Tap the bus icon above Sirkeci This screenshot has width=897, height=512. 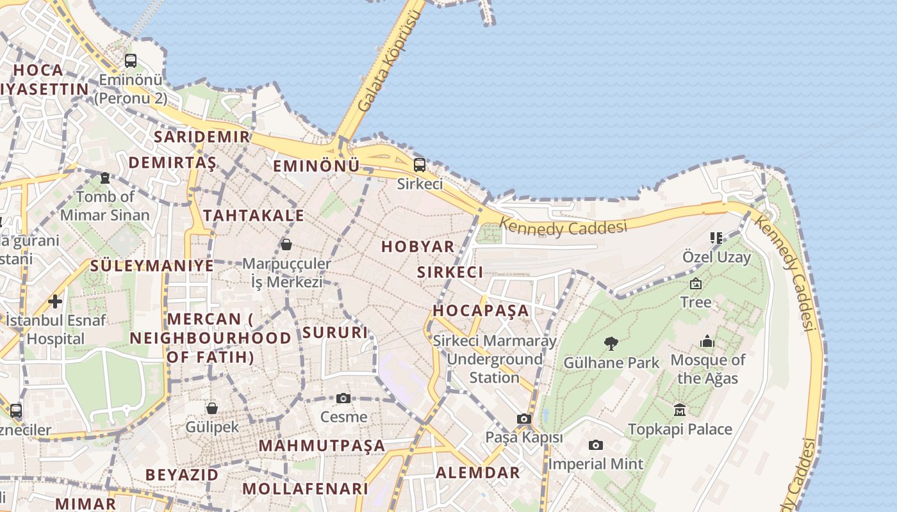tap(420, 165)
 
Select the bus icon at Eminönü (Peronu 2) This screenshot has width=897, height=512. tap(131, 61)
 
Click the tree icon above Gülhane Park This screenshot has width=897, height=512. tap(611, 344)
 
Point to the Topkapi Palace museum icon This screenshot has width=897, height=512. tap(680, 410)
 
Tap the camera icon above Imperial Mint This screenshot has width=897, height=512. tap(596, 445)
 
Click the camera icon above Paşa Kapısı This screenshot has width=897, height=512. tap(524, 419)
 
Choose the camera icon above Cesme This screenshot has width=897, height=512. tap(343, 398)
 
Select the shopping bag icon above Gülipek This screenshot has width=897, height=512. tap(212, 408)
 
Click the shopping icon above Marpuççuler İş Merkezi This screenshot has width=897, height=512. tap(286, 244)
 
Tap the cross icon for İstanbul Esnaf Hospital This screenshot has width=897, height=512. tap(55, 301)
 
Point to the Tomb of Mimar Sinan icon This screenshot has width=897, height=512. tap(105, 178)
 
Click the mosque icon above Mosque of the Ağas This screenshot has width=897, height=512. tap(707, 341)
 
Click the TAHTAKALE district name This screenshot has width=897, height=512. tap(254, 216)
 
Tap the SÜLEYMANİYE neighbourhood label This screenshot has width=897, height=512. tap(152, 266)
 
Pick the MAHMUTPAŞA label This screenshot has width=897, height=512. tap(322, 445)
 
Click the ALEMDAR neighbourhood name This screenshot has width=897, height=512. tap(478, 473)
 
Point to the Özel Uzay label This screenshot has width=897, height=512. tap(716, 257)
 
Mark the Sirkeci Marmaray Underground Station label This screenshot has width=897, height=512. tap(495, 359)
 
